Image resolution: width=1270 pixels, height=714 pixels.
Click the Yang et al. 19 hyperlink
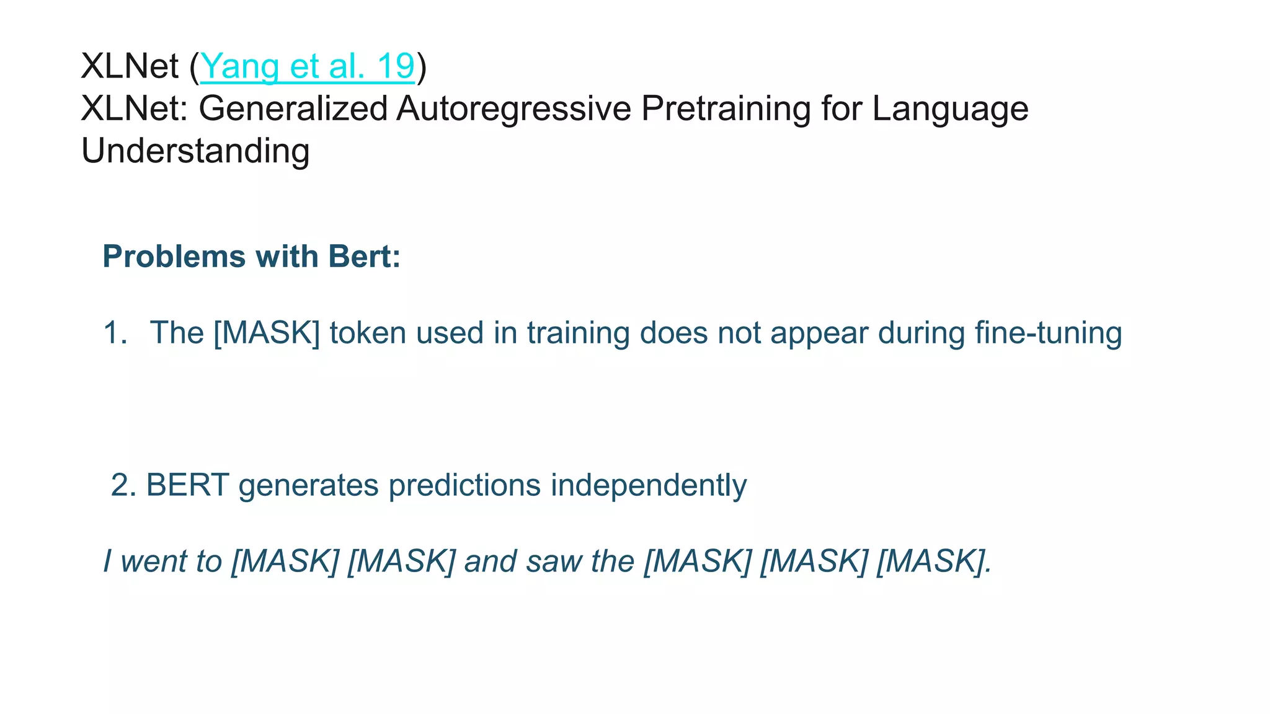[308, 66]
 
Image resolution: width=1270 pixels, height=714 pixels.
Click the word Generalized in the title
[293, 108]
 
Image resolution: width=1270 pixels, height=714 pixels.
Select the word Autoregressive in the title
[513, 108]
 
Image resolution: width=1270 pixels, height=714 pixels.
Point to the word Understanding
[195, 151]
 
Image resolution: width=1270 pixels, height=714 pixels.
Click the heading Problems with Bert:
[252, 257]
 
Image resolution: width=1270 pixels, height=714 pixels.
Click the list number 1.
[114, 333]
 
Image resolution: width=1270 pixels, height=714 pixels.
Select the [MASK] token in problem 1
[267, 333]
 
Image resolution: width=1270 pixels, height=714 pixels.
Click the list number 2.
[123, 485]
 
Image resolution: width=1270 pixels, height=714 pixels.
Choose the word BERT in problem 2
[187, 485]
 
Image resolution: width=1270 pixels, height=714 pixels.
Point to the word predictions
[464, 485]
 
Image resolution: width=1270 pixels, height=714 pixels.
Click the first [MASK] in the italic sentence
[285, 562]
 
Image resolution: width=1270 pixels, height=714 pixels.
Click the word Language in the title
[950, 108]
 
